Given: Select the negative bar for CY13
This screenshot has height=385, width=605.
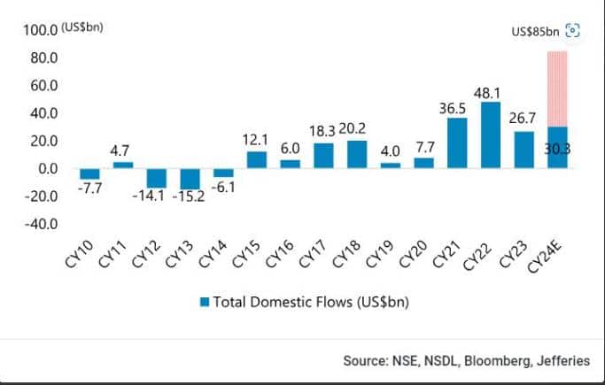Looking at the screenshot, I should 190,178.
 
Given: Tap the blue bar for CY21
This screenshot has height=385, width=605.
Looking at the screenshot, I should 457,142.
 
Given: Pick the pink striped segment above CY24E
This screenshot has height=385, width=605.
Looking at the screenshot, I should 558,89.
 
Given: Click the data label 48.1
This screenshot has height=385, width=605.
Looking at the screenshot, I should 491,91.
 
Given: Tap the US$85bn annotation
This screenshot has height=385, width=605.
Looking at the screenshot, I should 535,32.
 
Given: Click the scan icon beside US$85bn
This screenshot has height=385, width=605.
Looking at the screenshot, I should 572,31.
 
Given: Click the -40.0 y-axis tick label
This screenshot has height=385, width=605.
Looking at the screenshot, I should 42,224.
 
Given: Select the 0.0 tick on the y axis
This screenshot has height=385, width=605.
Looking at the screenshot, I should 47,168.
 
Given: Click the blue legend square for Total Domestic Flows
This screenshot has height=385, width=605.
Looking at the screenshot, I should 205,302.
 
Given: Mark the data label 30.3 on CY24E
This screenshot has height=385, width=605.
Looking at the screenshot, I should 558,150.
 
